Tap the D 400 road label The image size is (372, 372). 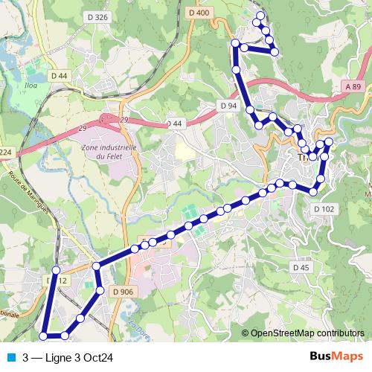tap(199, 13)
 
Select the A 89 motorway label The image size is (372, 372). tap(353, 87)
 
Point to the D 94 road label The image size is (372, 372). tap(228, 106)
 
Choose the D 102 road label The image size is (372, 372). tap(324, 209)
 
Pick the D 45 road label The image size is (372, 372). tap(301, 267)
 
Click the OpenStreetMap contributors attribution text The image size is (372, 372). tap(307, 333)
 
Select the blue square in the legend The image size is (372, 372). tap(9, 358)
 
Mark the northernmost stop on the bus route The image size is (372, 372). tap(260, 15)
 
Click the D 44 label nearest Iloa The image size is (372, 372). tap(60, 76)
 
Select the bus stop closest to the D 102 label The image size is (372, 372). tap(313, 192)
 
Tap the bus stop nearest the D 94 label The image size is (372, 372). tap(250, 110)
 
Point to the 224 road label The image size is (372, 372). tap(6, 153)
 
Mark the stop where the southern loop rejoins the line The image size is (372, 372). tap(96, 266)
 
